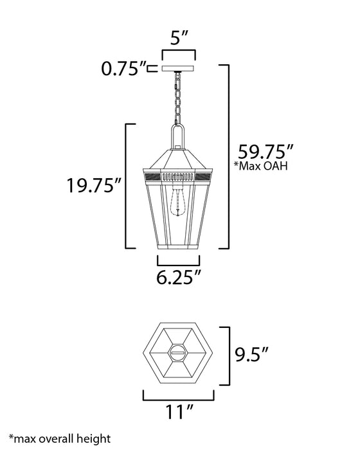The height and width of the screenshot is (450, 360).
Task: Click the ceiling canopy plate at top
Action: [179, 68]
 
